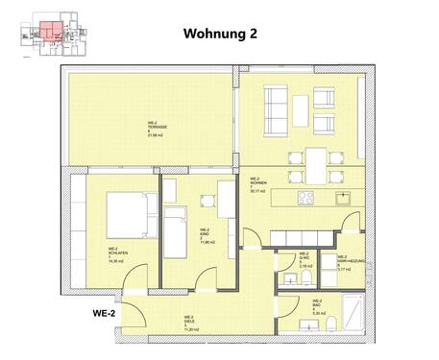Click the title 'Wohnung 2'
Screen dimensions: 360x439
(220, 33)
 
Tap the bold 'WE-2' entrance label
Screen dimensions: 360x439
(104, 313)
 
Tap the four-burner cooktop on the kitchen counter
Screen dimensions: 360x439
(307, 199)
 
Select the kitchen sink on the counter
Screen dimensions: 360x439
(344, 199)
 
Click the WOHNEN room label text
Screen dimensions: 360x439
(257, 183)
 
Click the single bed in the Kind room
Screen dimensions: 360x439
(176, 231)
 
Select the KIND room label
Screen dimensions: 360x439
(206, 235)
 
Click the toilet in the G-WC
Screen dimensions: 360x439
(301, 277)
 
